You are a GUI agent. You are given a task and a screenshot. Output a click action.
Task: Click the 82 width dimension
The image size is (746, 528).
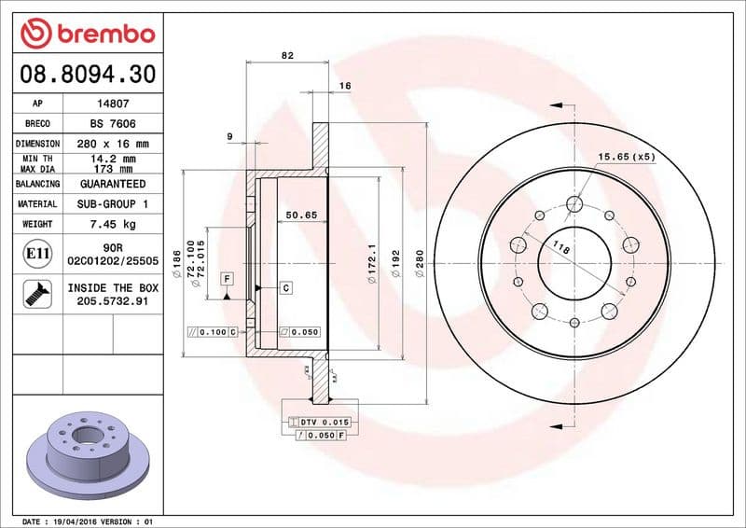coord(287,56)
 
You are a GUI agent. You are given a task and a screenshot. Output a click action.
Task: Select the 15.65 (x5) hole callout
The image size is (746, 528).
coord(627,157)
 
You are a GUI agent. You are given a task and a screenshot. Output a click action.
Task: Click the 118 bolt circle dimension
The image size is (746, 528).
coord(561,248)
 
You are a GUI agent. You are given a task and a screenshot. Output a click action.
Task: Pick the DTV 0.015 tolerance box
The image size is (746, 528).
coord(320,424)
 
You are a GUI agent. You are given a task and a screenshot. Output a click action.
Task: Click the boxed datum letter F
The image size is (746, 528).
coord(227,278)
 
